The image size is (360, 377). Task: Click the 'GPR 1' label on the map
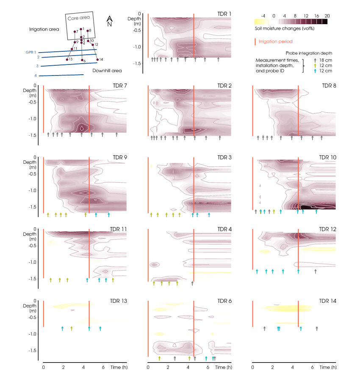point(30,52)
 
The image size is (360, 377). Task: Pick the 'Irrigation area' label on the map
point(44,29)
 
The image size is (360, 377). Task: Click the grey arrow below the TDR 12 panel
point(316,271)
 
